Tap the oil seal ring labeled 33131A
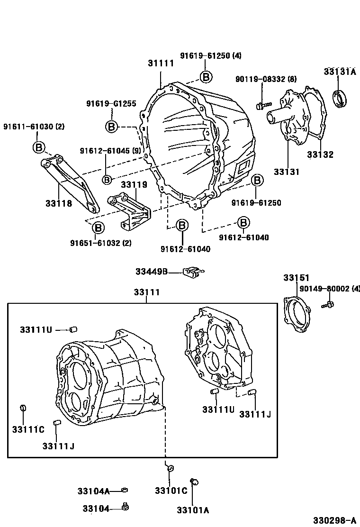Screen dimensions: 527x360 point(340,99)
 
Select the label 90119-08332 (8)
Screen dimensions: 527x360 point(266,79)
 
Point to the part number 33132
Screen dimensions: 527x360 point(320,154)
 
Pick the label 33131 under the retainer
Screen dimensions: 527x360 point(286,172)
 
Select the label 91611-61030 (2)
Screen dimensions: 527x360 point(34,127)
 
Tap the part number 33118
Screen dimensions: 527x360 point(59,203)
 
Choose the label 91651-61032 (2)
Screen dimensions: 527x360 point(101,243)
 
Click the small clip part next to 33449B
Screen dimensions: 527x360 point(192,271)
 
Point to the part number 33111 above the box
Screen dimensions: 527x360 point(146,292)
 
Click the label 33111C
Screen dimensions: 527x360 point(28,429)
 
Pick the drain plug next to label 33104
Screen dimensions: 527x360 point(126,508)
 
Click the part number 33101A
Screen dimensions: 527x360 point(193,510)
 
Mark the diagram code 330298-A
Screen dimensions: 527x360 point(336,520)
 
